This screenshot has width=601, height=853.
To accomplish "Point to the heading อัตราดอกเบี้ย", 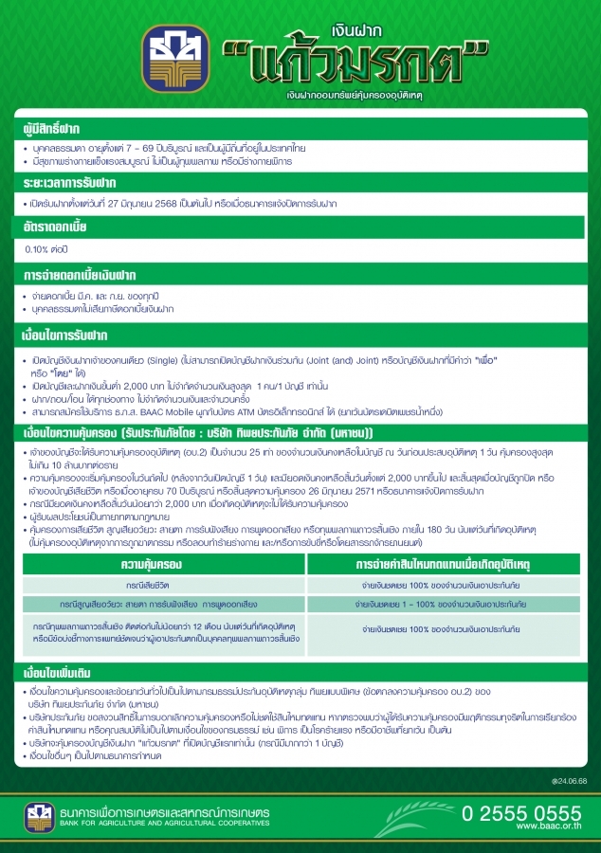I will tap(57, 227).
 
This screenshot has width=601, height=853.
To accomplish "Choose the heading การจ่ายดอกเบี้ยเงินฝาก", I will tap(78, 275).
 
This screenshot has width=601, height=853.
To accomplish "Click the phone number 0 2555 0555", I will tap(520, 812).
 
